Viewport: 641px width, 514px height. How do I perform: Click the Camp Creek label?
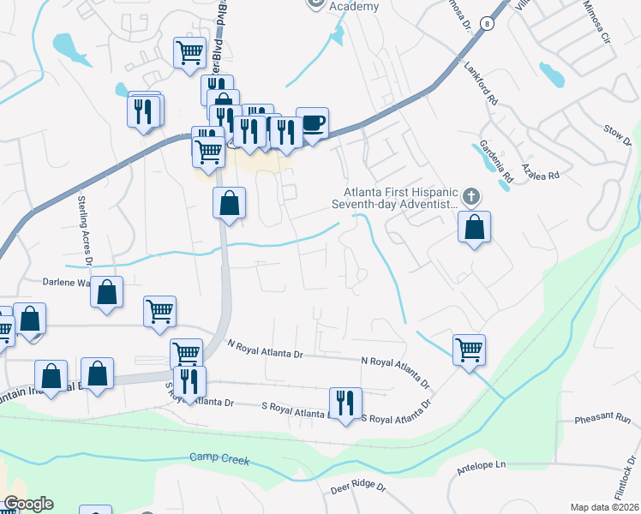[219, 460]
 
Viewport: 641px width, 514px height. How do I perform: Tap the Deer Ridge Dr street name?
[358, 488]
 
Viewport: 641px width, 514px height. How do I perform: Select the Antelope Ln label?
[483, 465]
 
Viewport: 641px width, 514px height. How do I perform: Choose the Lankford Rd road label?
[481, 82]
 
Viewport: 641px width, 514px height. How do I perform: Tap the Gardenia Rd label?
[495, 161]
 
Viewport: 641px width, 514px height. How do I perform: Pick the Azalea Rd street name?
[541, 175]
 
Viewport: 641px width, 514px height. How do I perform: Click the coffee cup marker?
[312, 123]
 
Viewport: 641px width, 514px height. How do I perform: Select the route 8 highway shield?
[486, 23]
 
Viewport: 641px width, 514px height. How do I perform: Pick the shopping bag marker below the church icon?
[474, 228]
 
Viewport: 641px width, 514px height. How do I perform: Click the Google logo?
[27, 504]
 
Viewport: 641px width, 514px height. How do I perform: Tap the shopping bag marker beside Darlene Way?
[107, 292]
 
